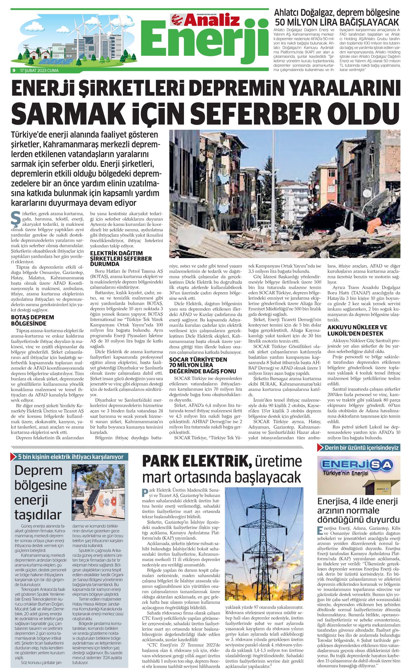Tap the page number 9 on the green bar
click(x=14, y=70)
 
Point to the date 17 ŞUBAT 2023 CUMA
click(x=39, y=70)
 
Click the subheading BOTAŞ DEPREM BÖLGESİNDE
click(x=32, y=320)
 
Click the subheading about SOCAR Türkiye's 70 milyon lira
click(x=202, y=365)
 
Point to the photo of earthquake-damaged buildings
click(x=284, y=193)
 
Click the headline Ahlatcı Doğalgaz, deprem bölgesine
click(x=337, y=13)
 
